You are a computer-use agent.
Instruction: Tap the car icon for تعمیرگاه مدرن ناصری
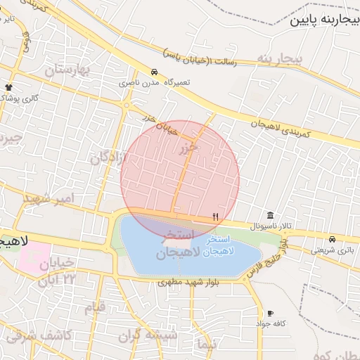153,72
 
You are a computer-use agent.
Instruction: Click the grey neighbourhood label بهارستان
67,70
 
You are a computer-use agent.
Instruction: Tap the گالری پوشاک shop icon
8,86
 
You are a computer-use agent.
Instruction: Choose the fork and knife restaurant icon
215,217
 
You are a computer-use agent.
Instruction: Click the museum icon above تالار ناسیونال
271,215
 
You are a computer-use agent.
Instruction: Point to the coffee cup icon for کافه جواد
271,313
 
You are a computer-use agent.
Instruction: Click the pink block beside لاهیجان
34,255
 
